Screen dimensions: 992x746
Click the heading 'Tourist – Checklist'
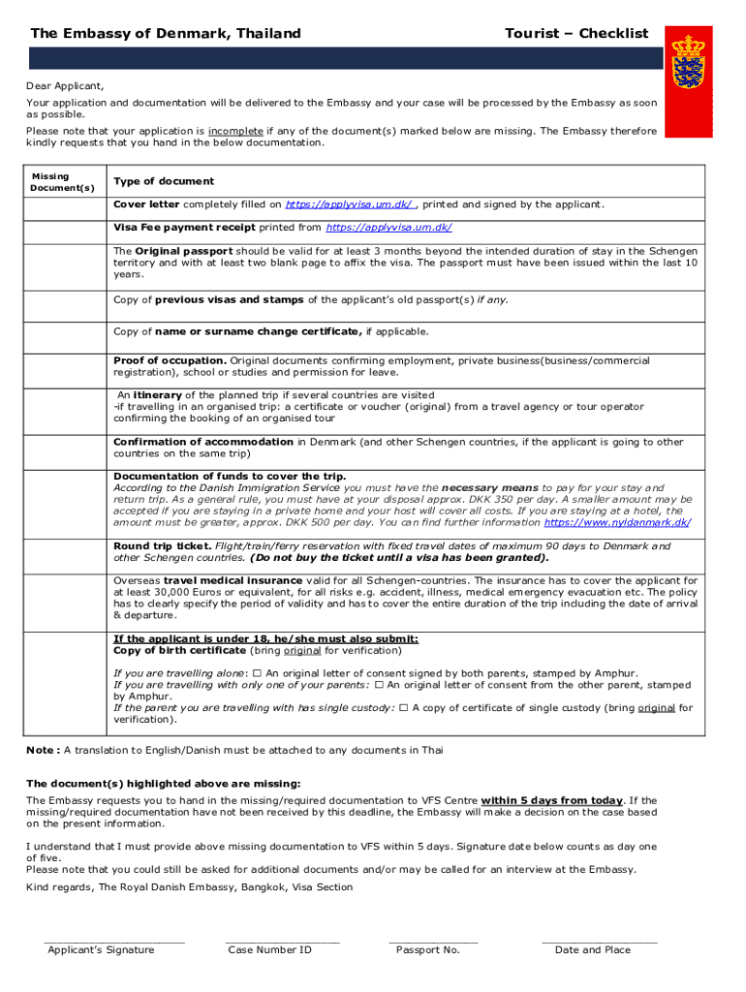tap(576, 33)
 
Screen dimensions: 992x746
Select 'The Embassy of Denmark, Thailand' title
tap(166, 33)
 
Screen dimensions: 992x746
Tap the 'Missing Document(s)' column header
tap(63, 181)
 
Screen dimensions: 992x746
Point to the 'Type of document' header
tap(164, 181)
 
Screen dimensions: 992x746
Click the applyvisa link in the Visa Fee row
tap(389, 228)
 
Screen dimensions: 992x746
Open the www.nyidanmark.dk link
tap(616, 522)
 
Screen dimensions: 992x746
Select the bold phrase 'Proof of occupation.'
tap(170, 360)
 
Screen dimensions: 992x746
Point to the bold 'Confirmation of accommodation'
tap(203, 442)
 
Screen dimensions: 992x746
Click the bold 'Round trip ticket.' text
tap(162, 546)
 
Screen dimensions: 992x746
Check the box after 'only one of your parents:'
tap(379, 685)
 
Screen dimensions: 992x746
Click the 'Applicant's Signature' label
tap(101, 949)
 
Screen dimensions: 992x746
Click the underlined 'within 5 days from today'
tap(551, 800)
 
